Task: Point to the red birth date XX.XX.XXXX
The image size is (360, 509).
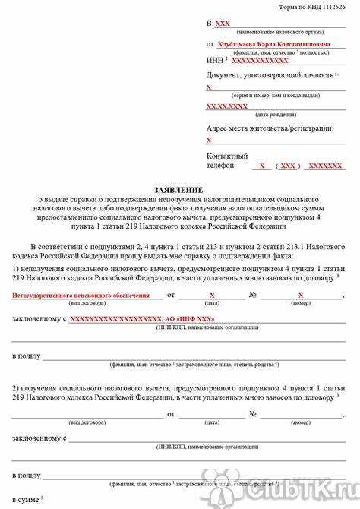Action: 227,106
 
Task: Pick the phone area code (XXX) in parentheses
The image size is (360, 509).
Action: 288,166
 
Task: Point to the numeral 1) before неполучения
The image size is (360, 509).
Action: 16,270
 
